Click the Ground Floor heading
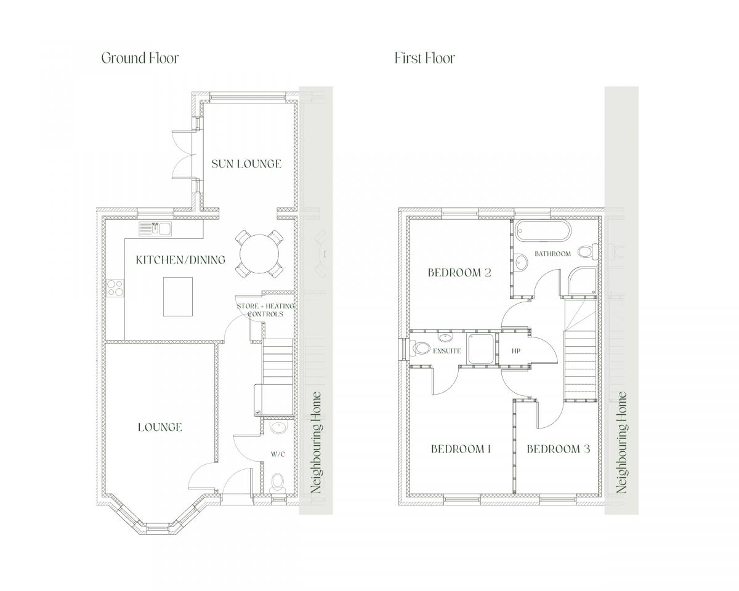[x=140, y=58]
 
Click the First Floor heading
[x=425, y=58]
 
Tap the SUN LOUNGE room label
[x=246, y=164]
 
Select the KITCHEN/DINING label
[x=180, y=260]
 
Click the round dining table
[x=260, y=254]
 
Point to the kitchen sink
[x=155, y=229]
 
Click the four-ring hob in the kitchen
[x=115, y=287]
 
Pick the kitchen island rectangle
[x=178, y=296]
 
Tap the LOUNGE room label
[x=160, y=427]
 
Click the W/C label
[x=278, y=454]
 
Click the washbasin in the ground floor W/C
[x=278, y=428]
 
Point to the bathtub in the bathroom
[x=544, y=230]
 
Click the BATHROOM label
[x=552, y=254]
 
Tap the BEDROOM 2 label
[x=459, y=273]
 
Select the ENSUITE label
[x=446, y=351]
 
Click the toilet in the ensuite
[x=419, y=348]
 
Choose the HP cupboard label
[x=516, y=351]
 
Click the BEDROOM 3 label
[x=559, y=449]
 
